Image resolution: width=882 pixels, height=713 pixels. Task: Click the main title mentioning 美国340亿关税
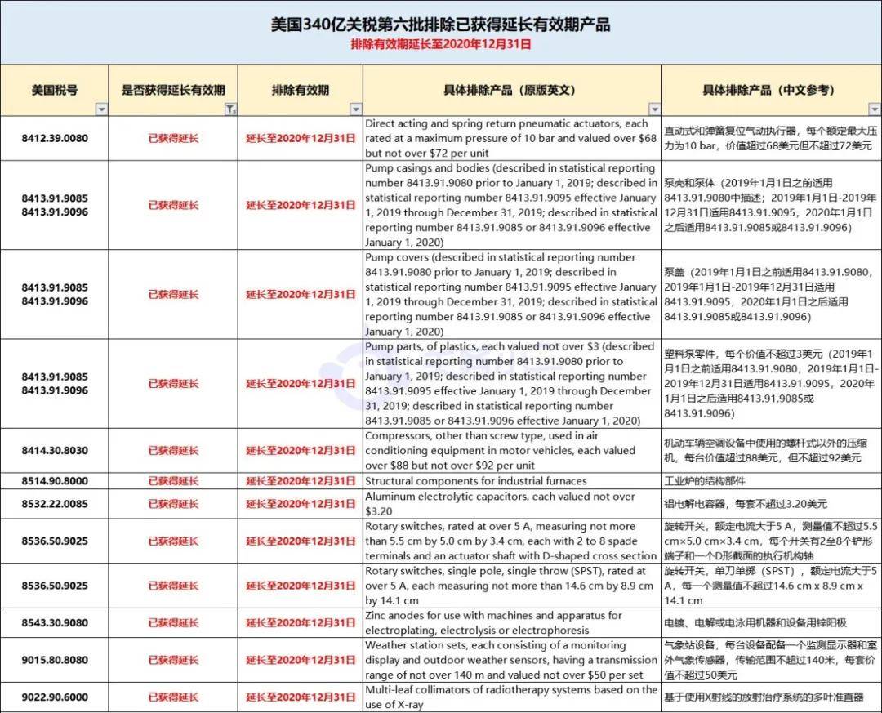click(440, 25)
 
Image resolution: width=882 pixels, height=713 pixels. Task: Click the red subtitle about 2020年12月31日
click(440, 44)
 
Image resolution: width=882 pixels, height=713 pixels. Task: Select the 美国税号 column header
click(55, 90)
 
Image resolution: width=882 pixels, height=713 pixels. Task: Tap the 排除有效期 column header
click(300, 90)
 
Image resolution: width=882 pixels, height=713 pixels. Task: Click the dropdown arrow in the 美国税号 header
click(101, 109)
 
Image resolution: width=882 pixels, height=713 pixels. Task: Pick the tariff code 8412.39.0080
click(55, 138)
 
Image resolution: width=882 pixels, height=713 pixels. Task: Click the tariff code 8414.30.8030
click(55, 450)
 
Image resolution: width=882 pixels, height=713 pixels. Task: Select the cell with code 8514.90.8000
click(55, 480)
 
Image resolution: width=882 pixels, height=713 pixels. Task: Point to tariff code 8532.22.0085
click(55, 504)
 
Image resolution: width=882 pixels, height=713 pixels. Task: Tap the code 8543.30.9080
click(55, 622)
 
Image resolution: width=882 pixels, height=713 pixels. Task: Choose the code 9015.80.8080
click(55, 660)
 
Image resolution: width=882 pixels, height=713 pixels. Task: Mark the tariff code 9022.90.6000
click(55, 697)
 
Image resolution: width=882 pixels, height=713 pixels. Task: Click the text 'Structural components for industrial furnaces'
click(476, 480)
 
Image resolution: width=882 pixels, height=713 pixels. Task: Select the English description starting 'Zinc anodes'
click(493, 622)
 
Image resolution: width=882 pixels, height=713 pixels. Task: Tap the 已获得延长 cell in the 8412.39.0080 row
click(173, 138)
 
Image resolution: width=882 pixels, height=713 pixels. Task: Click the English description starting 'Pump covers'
click(510, 294)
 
